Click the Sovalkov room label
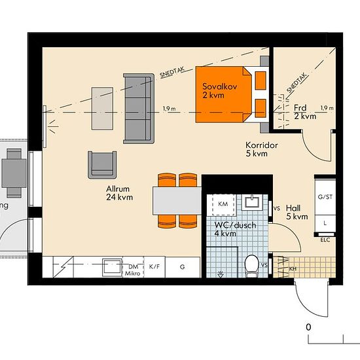click(x=219, y=86)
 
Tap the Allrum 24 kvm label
click(x=119, y=193)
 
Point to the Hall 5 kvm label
click(x=297, y=212)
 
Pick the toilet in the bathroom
click(x=251, y=265)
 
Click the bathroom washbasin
click(x=252, y=202)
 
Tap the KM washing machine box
click(x=223, y=204)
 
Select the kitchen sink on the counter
click(x=112, y=267)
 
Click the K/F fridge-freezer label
click(x=154, y=266)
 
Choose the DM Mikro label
click(x=133, y=270)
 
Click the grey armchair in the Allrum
click(x=102, y=165)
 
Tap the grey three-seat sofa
click(x=139, y=109)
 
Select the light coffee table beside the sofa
click(x=102, y=109)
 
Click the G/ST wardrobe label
click(x=325, y=197)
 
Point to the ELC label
click(x=325, y=240)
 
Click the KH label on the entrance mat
click(x=293, y=268)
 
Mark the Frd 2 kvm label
click(x=305, y=112)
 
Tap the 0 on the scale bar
click(x=308, y=327)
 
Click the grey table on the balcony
click(x=14, y=173)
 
